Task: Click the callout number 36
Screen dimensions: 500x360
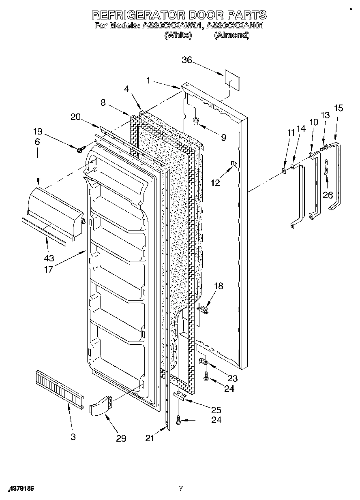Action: [186, 60]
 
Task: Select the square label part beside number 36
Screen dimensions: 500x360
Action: [231, 82]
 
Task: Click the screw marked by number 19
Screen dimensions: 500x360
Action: [80, 150]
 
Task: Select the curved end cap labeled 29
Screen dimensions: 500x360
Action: [101, 406]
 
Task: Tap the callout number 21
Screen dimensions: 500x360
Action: [150, 438]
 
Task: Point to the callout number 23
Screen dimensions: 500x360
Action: [232, 378]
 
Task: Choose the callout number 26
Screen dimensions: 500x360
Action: [327, 195]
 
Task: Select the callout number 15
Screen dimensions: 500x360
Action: [338, 108]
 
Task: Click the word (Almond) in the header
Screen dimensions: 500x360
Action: [231, 35]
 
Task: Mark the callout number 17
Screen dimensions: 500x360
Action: [49, 269]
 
